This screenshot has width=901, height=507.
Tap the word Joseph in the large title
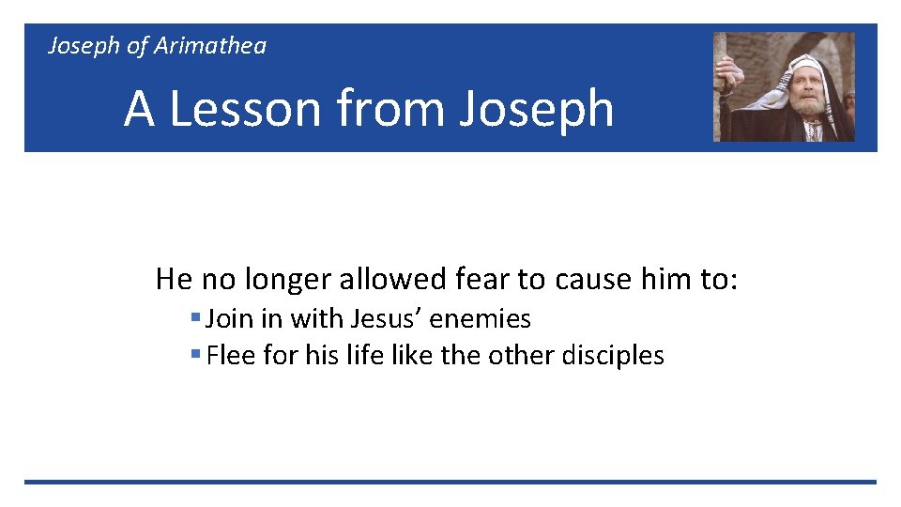point(536,110)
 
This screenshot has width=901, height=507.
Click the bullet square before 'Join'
point(195,319)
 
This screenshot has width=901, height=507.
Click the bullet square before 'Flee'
point(195,356)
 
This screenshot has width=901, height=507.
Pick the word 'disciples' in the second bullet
point(614,356)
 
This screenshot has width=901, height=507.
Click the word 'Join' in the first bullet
point(229,319)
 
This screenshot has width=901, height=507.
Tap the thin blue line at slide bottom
point(450,482)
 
